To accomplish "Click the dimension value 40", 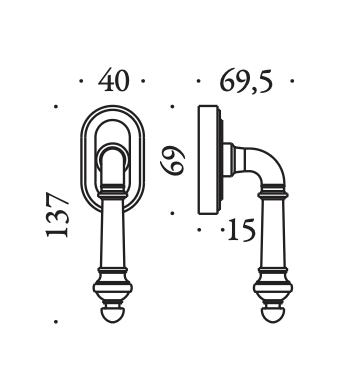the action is tap(113, 80).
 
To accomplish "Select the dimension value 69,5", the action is tap(246, 81).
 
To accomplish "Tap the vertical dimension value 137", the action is tap(57, 215).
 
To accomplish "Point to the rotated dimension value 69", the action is tap(172, 160).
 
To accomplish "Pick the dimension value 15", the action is tap(242, 230).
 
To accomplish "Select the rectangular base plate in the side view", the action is tap(209, 160).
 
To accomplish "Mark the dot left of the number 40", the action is tap(81, 81).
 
